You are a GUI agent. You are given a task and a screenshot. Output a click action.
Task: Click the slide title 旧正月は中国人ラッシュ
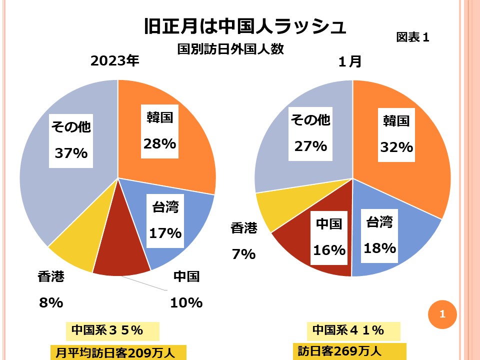point(244,26)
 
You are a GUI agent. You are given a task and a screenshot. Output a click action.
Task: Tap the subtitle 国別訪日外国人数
point(230,49)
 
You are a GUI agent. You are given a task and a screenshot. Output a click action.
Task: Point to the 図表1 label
point(412,37)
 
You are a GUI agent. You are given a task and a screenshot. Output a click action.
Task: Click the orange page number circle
point(442,314)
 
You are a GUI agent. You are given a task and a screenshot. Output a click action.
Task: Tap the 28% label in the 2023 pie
point(159,143)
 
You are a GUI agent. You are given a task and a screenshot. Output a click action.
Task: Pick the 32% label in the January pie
point(396,147)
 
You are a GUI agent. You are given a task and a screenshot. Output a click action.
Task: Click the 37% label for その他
point(71,153)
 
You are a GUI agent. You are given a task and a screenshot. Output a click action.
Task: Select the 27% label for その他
point(310,146)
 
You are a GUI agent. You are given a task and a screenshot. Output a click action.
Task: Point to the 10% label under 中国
point(186,302)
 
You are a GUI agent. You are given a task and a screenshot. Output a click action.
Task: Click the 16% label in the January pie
point(329,250)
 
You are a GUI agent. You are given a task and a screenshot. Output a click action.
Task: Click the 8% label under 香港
point(51,302)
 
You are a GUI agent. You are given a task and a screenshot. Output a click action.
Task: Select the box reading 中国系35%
point(112,331)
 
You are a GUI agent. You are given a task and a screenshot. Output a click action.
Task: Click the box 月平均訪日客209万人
point(118,352)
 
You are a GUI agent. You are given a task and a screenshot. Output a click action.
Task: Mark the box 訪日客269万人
point(349,350)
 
